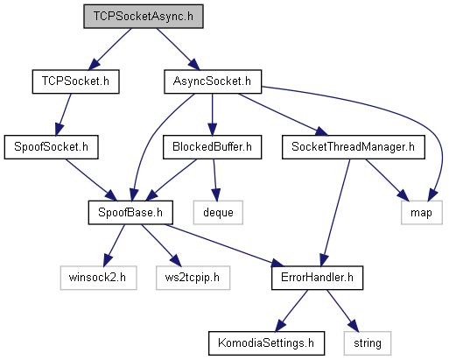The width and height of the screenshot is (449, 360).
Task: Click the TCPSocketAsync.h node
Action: click(144, 17)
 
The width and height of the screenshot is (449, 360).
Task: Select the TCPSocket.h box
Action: click(75, 81)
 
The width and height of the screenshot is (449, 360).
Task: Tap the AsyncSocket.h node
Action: click(213, 81)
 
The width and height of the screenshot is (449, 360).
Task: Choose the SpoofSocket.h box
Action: click(51, 147)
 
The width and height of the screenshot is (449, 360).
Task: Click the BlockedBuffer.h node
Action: click(212, 147)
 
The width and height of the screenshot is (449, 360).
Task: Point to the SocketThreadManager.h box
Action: click(353, 147)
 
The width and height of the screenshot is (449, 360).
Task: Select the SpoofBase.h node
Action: click(130, 212)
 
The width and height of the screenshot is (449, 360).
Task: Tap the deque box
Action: click(218, 212)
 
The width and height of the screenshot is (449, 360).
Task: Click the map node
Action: click(421, 212)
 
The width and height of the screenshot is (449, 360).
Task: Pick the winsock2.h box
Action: click(98, 278)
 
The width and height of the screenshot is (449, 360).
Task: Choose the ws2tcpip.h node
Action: click(193, 278)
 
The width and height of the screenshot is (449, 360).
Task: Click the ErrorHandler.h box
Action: click(317, 278)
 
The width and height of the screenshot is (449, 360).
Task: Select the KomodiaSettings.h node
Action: click(266, 343)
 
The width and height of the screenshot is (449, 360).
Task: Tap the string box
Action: click(368, 343)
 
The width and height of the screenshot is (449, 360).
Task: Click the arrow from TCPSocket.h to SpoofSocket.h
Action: click(63, 115)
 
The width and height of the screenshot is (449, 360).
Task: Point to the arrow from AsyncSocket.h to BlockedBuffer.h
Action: click(212, 115)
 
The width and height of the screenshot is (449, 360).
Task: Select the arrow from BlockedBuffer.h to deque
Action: click(215, 180)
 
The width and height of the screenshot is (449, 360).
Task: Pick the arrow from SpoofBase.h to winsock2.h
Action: click(115, 245)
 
